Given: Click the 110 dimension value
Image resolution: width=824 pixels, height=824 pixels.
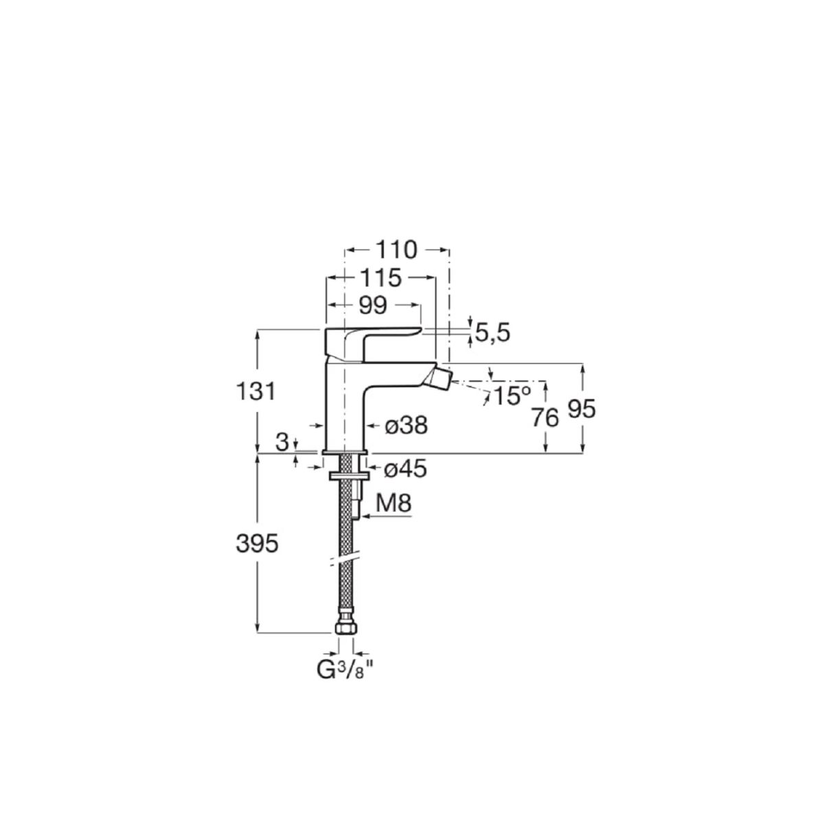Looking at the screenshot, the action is click(396, 250).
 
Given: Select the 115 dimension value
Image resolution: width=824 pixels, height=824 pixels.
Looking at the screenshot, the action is click(381, 279).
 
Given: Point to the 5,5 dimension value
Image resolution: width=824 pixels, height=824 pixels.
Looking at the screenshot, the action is click(492, 332).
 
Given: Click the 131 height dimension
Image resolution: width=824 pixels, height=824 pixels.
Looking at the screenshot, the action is click(255, 391).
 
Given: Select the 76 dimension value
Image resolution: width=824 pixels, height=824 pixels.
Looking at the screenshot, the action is click(545, 417).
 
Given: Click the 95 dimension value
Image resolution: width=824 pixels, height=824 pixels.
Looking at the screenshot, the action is click(582, 409).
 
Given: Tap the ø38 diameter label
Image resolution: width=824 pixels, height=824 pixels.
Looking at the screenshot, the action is click(406, 426).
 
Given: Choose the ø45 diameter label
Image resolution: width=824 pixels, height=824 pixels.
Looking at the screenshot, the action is click(405, 469).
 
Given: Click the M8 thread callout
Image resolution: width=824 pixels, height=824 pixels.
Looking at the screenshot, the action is click(394, 503).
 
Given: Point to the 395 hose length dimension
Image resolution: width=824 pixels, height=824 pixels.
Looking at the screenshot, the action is click(257, 545).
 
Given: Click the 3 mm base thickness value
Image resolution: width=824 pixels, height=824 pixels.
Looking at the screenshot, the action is click(282, 443).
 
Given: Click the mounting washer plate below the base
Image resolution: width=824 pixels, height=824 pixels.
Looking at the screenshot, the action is click(349, 475).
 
